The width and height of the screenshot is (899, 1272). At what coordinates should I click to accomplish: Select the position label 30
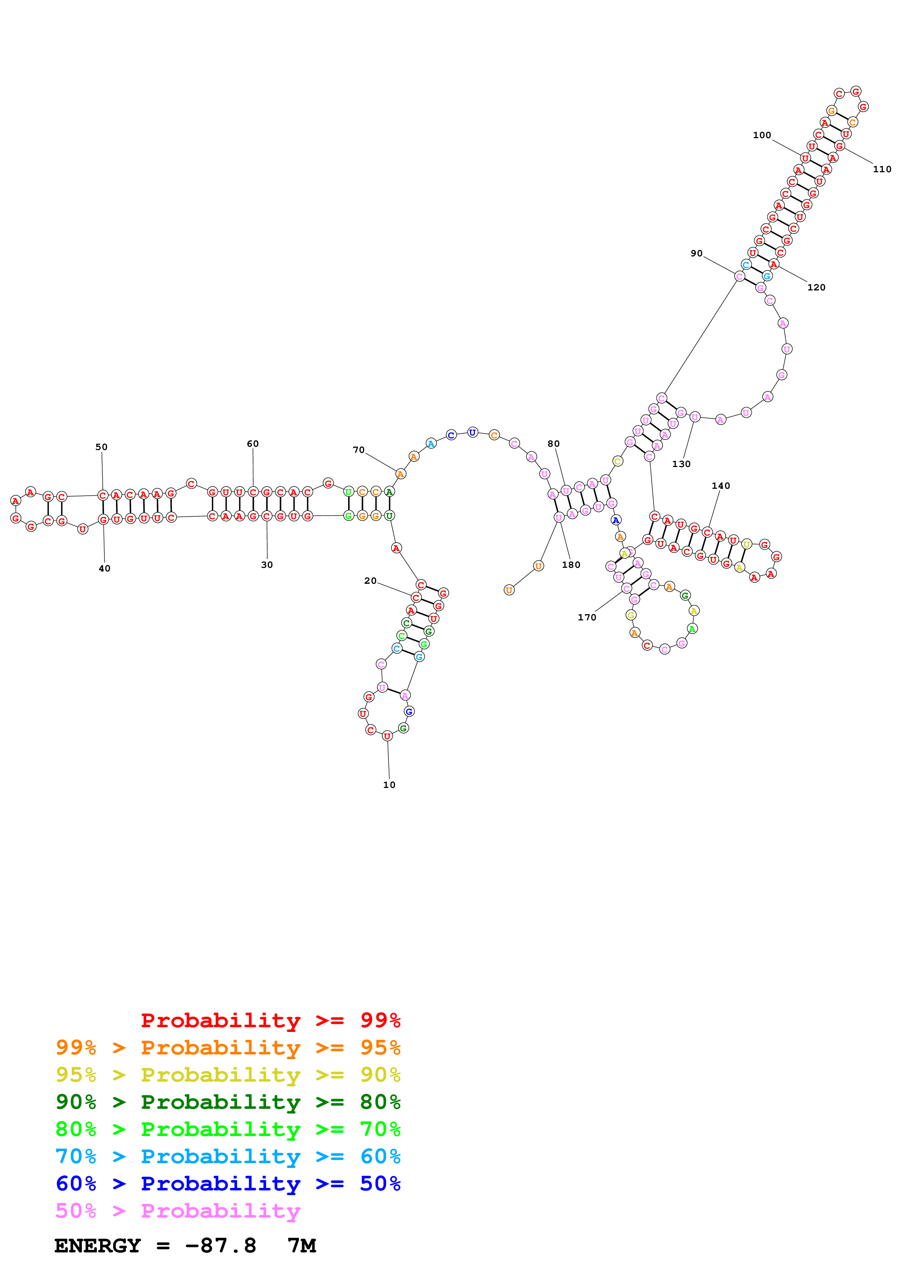[267, 565]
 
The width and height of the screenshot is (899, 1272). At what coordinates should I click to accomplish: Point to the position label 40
[104, 569]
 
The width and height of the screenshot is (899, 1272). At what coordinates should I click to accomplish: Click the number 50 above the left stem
[102, 447]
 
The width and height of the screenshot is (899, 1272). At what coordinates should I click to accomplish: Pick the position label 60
[253, 444]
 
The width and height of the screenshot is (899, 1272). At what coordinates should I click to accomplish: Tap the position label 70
[359, 450]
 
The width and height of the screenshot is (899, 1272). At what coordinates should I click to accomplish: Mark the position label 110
[882, 170]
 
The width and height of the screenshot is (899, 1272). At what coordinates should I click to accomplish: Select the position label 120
[816, 288]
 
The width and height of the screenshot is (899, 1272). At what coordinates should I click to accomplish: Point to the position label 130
[681, 464]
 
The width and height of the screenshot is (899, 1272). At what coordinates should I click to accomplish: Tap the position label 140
[721, 486]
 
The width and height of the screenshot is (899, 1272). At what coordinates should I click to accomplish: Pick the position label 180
[571, 565]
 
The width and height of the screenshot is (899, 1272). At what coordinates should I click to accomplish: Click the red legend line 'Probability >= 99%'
[270, 1020]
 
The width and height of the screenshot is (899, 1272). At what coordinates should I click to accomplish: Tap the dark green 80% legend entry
[228, 1102]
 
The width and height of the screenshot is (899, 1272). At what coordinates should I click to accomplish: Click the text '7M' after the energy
[302, 1246]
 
